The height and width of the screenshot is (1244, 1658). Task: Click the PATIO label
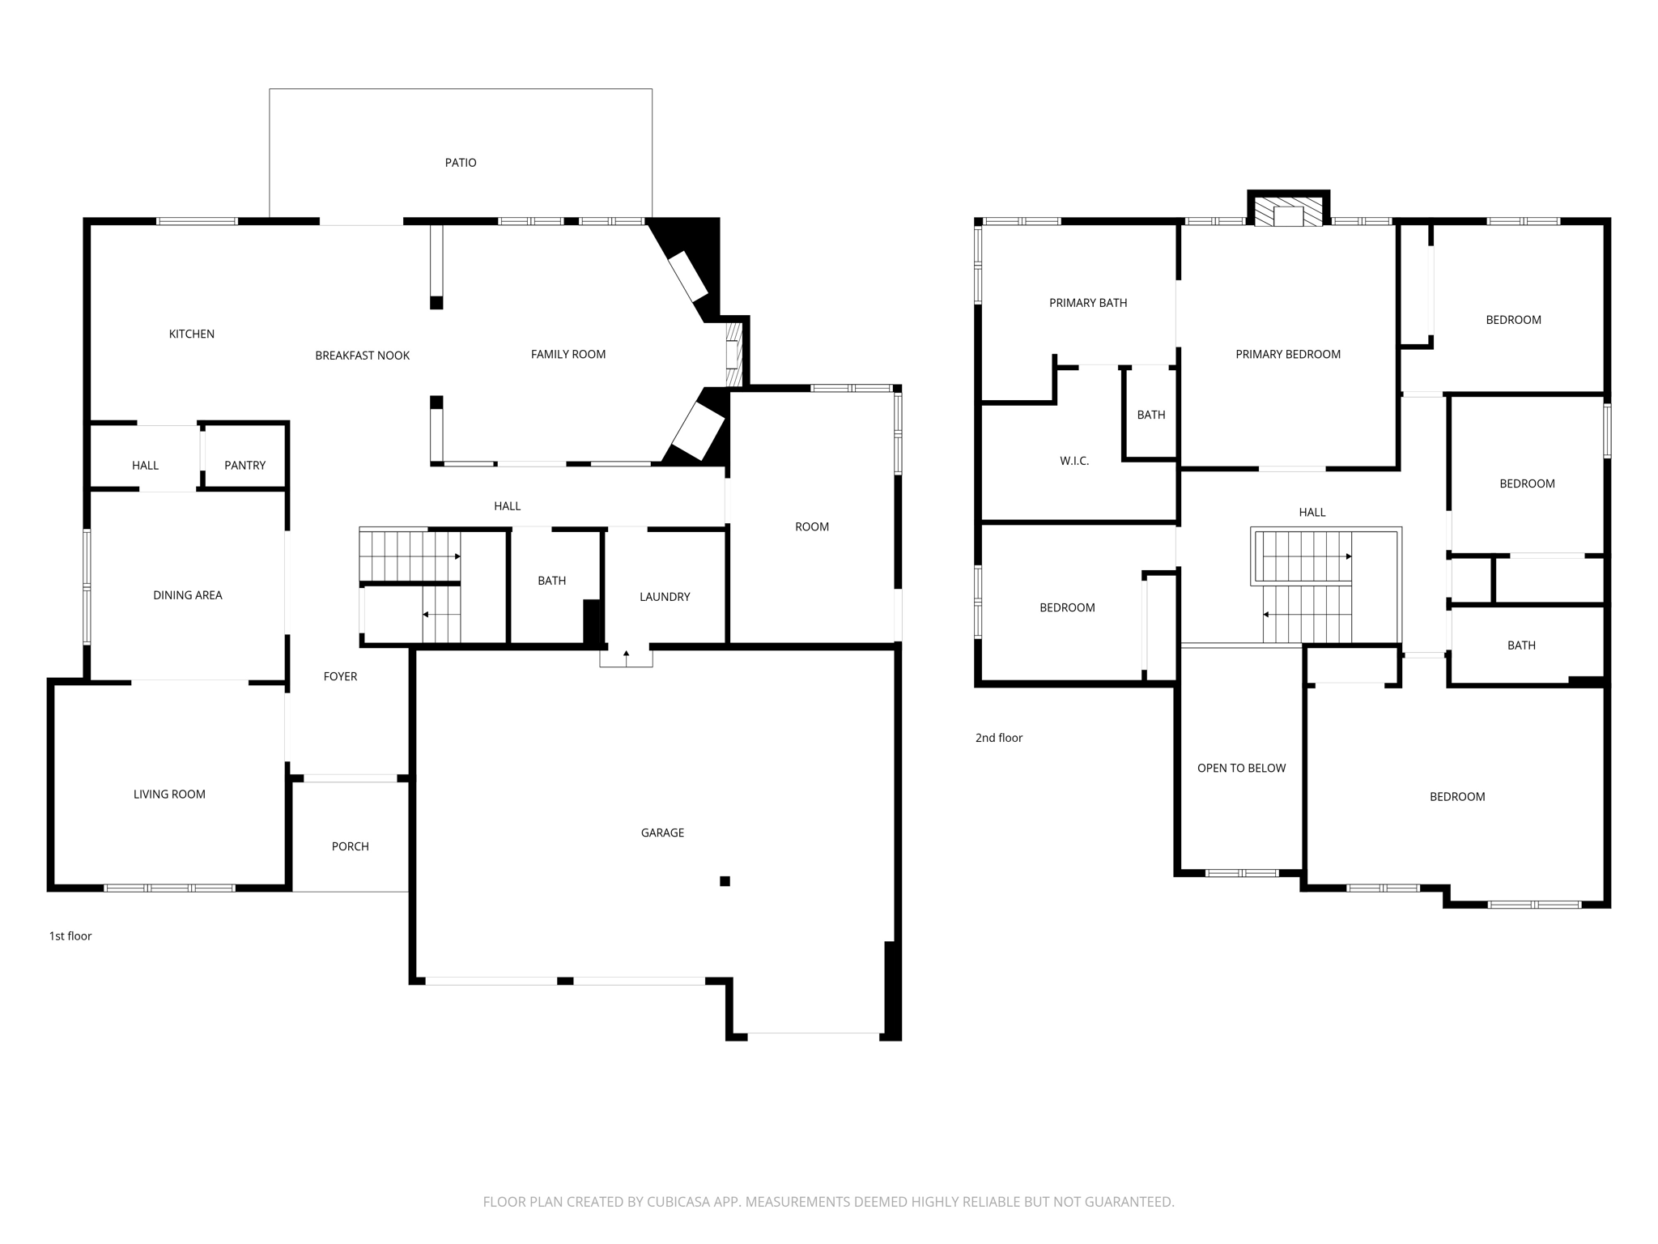pyautogui.click(x=461, y=163)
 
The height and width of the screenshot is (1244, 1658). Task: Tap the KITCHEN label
pyautogui.click(x=191, y=334)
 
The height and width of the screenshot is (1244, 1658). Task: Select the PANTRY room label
pyautogui.click(x=244, y=465)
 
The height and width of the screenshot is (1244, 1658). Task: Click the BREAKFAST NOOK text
pyautogui.click(x=362, y=356)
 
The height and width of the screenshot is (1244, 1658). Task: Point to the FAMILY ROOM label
pyautogui.click(x=568, y=354)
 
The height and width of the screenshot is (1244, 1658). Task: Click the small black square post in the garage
pyautogui.click(x=725, y=881)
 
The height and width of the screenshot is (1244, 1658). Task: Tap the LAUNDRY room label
pyautogui.click(x=665, y=597)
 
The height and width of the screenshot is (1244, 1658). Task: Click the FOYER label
pyautogui.click(x=340, y=676)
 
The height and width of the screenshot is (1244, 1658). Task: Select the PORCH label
pyautogui.click(x=350, y=846)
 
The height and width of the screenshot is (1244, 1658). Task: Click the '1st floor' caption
pyautogui.click(x=70, y=936)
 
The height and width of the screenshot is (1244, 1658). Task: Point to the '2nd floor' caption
pyautogui.click(x=998, y=738)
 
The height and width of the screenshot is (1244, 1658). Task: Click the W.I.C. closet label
pyautogui.click(x=1074, y=461)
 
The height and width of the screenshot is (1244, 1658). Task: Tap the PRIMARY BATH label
pyautogui.click(x=1087, y=303)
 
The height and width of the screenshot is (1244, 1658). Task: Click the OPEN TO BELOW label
pyautogui.click(x=1241, y=768)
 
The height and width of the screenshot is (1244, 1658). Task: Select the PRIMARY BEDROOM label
pyautogui.click(x=1287, y=354)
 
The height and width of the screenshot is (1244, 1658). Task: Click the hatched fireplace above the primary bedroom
pyautogui.click(x=1288, y=212)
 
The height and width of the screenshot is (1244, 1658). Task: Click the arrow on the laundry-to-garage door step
pyautogui.click(x=626, y=656)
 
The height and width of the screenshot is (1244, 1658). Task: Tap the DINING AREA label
pyautogui.click(x=187, y=595)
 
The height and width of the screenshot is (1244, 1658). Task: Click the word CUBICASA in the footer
pyautogui.click(x=678, y=1202)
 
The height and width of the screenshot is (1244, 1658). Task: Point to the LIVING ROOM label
pyautogui.click(x=169, y=795)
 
